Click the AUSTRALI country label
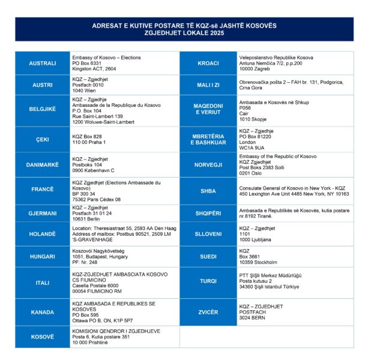43,63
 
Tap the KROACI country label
208,63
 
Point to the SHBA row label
208,191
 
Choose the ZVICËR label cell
208,311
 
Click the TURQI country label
208,280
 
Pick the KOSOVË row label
43,336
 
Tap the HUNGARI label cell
43,256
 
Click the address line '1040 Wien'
85,90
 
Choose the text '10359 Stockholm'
258,262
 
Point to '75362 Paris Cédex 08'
96,199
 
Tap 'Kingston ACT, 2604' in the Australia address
95,68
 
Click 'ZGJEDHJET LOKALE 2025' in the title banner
184,33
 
